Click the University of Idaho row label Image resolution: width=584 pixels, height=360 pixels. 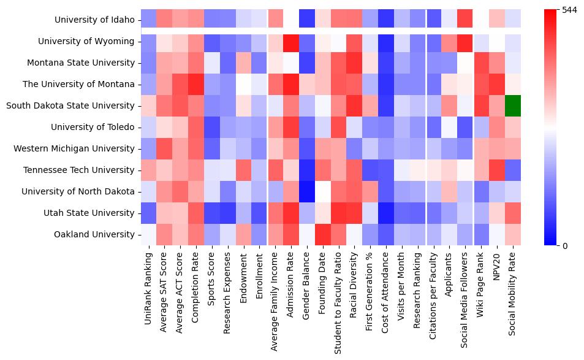[x=94, y=20]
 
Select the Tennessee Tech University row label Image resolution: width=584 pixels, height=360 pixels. [x=88, y=170]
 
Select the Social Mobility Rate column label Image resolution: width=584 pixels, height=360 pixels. [x=513, y=294]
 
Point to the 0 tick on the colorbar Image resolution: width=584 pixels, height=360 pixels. [x=564, y=246]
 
